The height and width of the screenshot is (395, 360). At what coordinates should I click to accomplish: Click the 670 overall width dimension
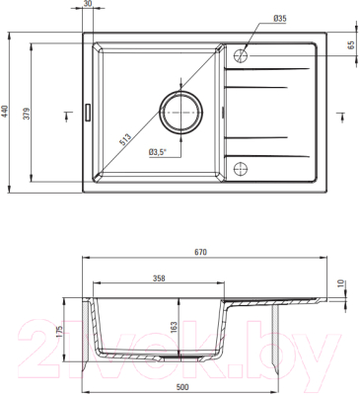pos(200,252)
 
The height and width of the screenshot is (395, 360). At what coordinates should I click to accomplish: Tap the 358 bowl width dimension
pos(159,278)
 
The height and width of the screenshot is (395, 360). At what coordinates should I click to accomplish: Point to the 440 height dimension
pos(5,112)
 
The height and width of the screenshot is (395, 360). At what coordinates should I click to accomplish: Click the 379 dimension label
pos(28,114)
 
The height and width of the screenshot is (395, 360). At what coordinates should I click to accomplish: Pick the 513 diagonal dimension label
pos(125,139)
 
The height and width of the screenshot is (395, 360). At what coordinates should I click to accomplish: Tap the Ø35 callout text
pos(280,19)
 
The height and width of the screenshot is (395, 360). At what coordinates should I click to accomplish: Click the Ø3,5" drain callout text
pos(158,152)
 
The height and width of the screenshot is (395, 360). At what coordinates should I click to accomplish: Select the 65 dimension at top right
pos(350,44)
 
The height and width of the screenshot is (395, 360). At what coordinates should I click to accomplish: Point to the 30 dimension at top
pos(87,4)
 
